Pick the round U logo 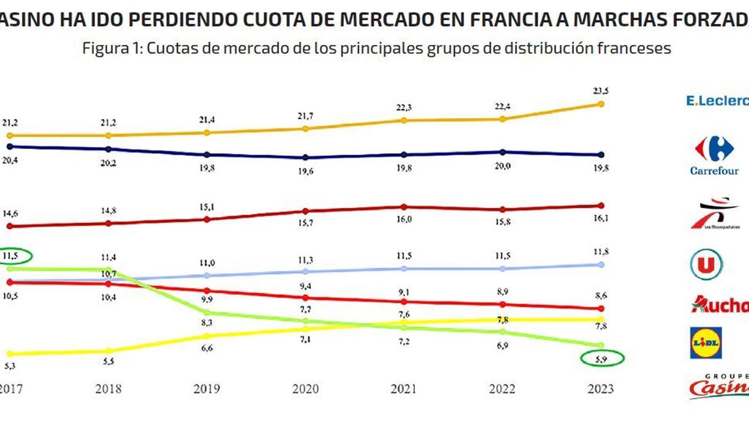click(706, 265)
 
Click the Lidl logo click(706, 343)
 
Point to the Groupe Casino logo click(719, 386)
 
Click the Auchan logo click(720, 305)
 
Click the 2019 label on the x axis click(206, 389)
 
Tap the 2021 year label click(404, 389)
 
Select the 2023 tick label click(601, 389)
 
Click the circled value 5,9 click(602, 359)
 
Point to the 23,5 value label click(601, 91)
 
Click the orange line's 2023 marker click(601, 104)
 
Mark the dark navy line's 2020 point click(306, 158)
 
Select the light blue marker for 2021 click(404, 269)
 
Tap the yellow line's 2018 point click(108, 351)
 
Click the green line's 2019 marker click(207, 312)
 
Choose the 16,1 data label click(601, 218)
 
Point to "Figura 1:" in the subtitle click(112, 48)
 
